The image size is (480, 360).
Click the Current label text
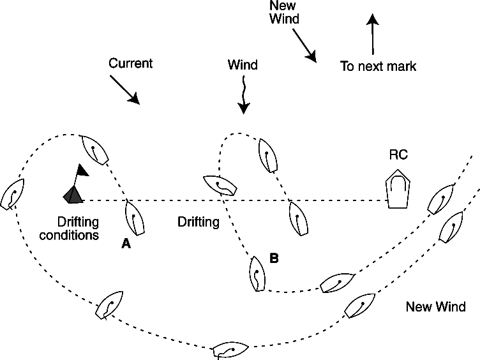[x=131, y=64]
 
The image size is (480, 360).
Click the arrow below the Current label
[x=124, y=89]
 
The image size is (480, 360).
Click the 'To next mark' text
[x=378, y=66]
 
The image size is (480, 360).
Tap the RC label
[x=398, y=155]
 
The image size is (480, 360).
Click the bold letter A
[x=126, y=244]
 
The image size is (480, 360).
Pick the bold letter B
[x=274, y=259]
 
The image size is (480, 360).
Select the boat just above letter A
[x=134, y=216]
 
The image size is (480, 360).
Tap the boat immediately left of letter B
[x=256, y=274]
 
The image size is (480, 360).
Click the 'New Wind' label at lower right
[x=436, y=307]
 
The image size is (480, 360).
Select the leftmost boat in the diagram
[x=13, y=193]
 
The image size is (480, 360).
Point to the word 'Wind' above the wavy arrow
[x=243, y=65]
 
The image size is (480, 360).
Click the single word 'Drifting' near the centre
[x=199, y=223]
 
